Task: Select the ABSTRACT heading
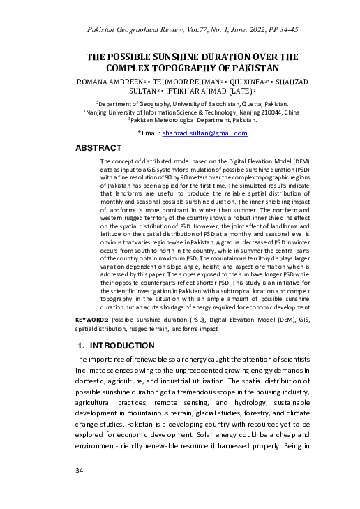pos(98,148)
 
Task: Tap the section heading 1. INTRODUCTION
pos(119,346)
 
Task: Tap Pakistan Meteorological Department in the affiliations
pos(180,120)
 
